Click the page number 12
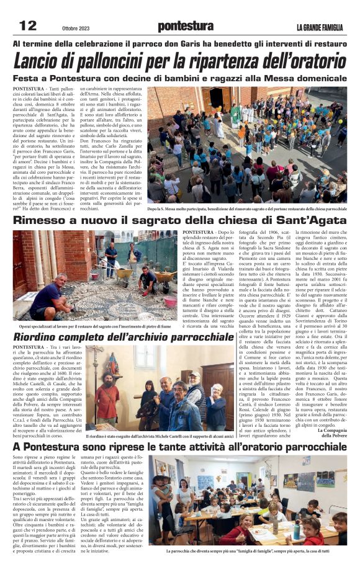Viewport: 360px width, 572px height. (29, 25)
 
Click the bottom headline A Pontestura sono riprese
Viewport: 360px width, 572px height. (180, 447)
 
